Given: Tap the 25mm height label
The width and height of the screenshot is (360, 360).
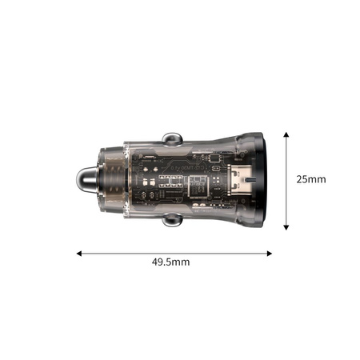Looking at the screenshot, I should tap(311, 179).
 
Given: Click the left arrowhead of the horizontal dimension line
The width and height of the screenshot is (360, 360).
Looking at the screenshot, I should tap(80, 254).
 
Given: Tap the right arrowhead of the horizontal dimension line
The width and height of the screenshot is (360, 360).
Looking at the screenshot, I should tap(269, 254).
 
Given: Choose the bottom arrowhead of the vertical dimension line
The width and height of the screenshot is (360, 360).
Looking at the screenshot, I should tap(286, 227).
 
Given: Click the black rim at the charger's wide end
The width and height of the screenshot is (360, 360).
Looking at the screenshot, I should tap(266, 179).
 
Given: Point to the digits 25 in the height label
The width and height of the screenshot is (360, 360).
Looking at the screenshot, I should tap(302, 179).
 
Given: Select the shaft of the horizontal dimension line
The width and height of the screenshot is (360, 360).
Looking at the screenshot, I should tap(174, 254).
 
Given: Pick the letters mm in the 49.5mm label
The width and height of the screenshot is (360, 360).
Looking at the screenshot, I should tap(182, 262).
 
